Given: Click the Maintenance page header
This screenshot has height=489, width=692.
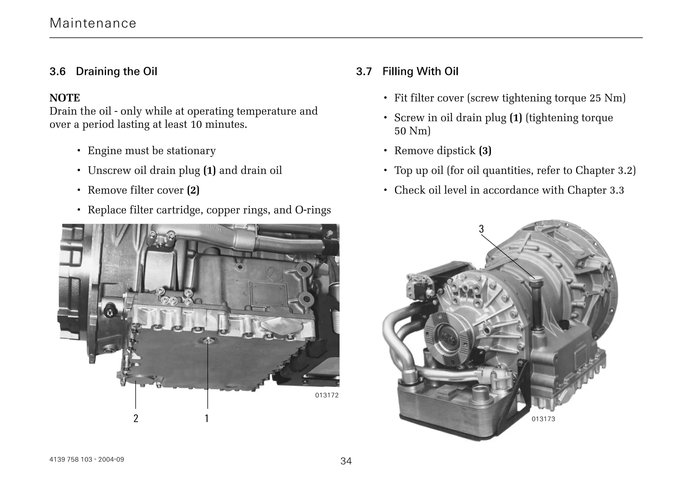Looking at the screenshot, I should tap(93, 23).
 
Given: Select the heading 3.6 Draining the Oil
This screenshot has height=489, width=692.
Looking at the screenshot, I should tap(103, 72).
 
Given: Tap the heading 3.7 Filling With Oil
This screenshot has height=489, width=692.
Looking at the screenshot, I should tap(407, 72).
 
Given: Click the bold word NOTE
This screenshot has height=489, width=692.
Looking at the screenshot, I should tap(65, 98).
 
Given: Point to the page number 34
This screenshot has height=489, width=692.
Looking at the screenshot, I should tap(346, 461).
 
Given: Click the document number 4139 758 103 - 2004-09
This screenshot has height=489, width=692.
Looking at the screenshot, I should tap(87, 459).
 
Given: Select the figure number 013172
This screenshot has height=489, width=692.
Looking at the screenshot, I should tap(327, 395).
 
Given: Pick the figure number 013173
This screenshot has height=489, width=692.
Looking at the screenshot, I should tap(543, 419).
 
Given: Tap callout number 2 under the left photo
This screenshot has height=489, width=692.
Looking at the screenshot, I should tap(136, 418).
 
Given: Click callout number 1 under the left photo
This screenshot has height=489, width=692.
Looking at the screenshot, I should tap(207, 418).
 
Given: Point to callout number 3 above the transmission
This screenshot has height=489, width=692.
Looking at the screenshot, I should tap(481, 229).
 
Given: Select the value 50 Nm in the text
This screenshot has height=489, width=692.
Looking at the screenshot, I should tap(412, 131).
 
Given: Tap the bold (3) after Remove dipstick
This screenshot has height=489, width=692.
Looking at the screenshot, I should tap(485, 151).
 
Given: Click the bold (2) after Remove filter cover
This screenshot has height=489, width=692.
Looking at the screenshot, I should tap(193, 190).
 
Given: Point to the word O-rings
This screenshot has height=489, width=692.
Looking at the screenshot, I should tap(313, 210).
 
